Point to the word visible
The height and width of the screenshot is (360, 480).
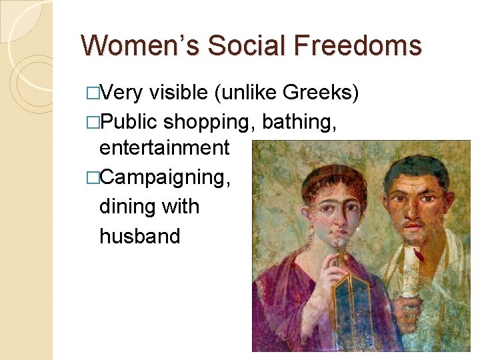[179, 93]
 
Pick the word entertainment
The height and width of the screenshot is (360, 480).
[164, 148]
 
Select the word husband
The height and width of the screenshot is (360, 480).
[139, 235]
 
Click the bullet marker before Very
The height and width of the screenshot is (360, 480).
[91, 93]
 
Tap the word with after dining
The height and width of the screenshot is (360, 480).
[180, 207]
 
